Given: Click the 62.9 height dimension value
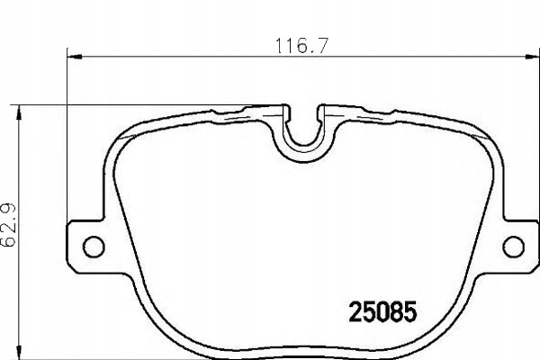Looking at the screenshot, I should coord(10,229).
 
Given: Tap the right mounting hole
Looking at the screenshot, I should coord(512,244).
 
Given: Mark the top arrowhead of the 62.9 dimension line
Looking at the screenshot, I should coord(21,109).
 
